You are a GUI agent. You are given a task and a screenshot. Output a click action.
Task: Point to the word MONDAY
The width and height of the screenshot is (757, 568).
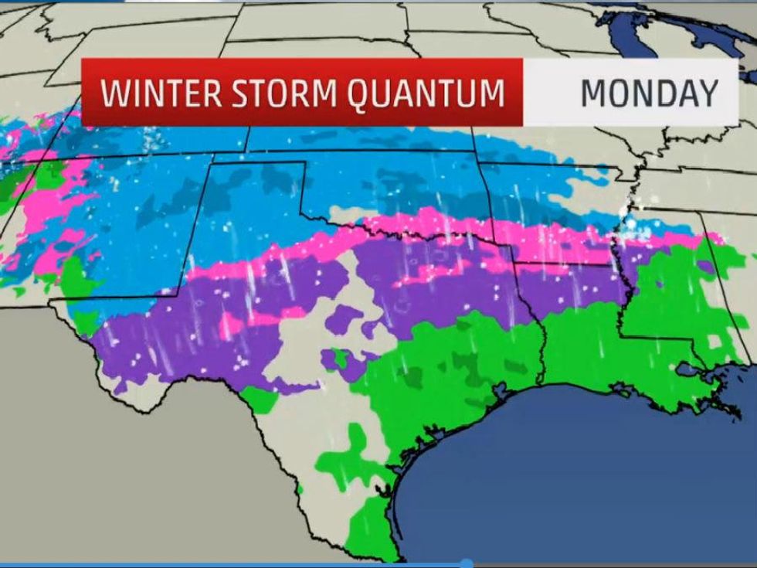pos(649,93)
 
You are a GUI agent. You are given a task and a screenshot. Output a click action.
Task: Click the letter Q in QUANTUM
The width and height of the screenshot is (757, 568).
pos(362,93)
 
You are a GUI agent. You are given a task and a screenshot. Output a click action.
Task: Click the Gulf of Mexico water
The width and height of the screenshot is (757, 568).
pos(587,464)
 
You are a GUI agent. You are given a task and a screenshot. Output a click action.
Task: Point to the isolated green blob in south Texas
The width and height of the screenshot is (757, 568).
pos(351,448)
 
